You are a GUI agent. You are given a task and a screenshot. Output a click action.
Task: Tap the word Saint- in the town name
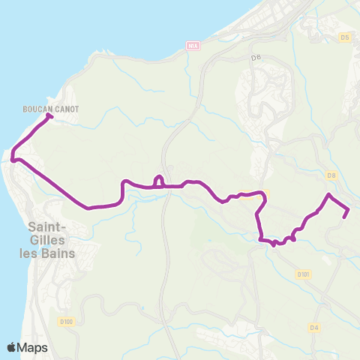pos(46,226)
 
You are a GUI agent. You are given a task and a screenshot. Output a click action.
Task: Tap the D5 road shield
pos(344,36)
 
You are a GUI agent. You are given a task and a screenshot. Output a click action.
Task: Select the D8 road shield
pos(331,175)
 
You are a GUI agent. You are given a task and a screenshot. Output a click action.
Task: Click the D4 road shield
pos(314,327)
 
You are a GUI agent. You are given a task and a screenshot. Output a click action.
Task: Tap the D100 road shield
pos(67,301)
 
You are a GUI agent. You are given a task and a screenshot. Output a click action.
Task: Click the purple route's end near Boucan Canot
pos(49,115)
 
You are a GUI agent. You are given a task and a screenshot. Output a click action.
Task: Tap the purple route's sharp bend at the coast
pos(13,157)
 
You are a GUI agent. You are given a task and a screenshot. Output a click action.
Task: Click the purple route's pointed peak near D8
pos(328,195)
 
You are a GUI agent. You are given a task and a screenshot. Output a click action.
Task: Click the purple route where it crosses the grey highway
pos(171,186)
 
